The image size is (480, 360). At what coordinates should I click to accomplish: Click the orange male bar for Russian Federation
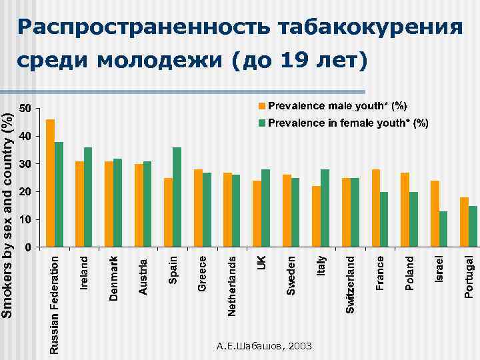[50, 183]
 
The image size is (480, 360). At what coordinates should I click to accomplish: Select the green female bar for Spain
[177, 197]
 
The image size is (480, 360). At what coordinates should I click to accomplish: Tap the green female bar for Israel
[443, 229]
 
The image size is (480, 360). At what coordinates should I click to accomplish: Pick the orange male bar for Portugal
[464, 222]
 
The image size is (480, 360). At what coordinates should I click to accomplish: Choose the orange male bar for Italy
[317, 217]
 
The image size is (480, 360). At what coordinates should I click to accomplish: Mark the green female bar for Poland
[414, 219]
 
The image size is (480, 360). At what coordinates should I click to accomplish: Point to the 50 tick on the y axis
[25, 108]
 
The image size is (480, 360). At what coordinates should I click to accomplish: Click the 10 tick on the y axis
[25, 219]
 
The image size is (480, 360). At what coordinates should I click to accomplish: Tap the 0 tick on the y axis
[27, 247]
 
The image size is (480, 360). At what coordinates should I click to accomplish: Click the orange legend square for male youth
[262, 106]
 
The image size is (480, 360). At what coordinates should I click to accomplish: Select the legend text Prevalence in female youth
[347, 123]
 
